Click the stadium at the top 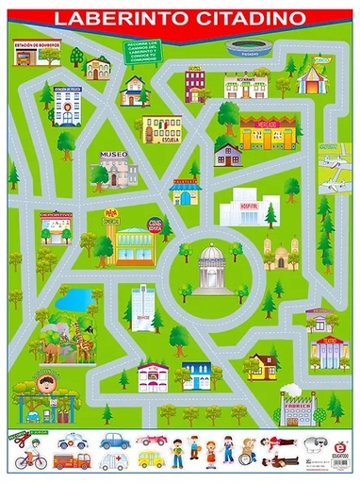pos(243,47)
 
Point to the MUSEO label pos(113,154)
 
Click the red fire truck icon pos(72,461)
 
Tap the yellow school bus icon pos(150,460)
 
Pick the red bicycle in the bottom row pos(29,461)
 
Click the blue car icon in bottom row pos(114,440)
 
